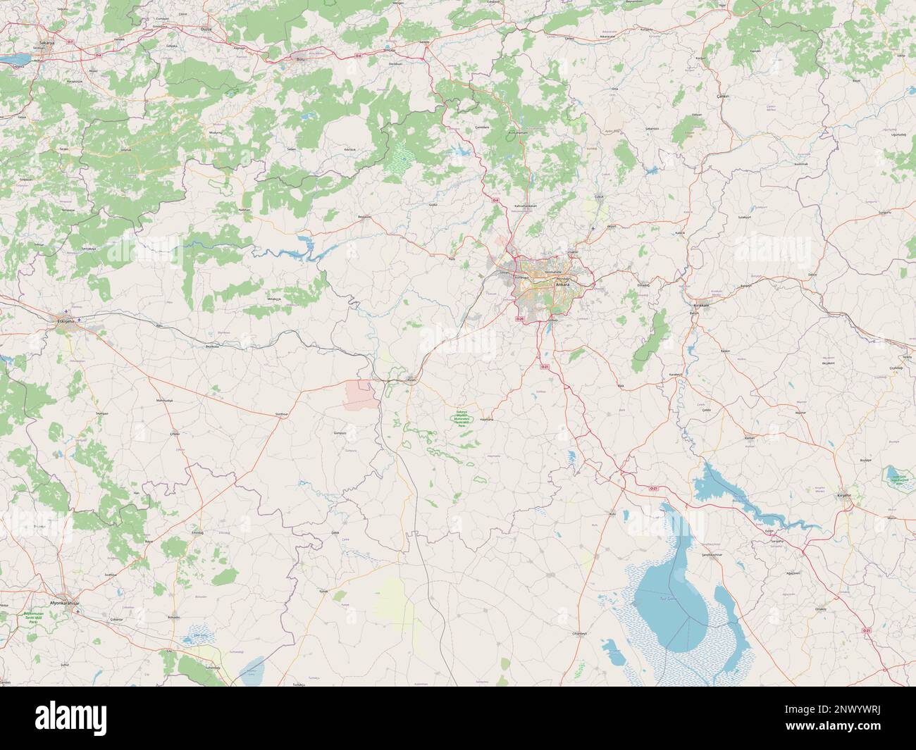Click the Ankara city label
(562, 285)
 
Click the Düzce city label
(206, 30)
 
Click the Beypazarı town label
(364, 216)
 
